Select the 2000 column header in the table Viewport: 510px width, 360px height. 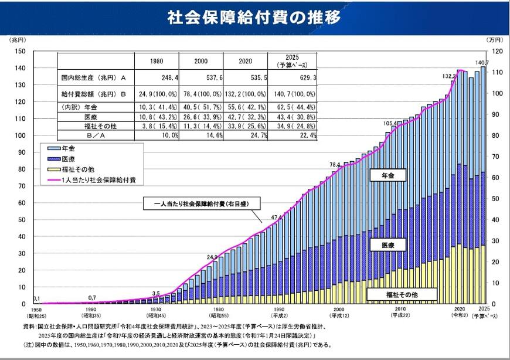click(x=200, y=60)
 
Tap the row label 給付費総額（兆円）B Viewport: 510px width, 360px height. click(x=93, y=94)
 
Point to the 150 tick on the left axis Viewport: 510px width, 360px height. click(x=20, y=51)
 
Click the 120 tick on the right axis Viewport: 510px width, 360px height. click(x=497, y=51)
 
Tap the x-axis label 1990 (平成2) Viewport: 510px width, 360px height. click(x=278, y=313)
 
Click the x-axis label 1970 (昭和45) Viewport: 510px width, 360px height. click(x=155, y=313)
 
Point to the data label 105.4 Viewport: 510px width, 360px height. click(x=390, y=124)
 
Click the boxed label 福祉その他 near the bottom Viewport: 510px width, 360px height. click(x=402, y=294)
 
